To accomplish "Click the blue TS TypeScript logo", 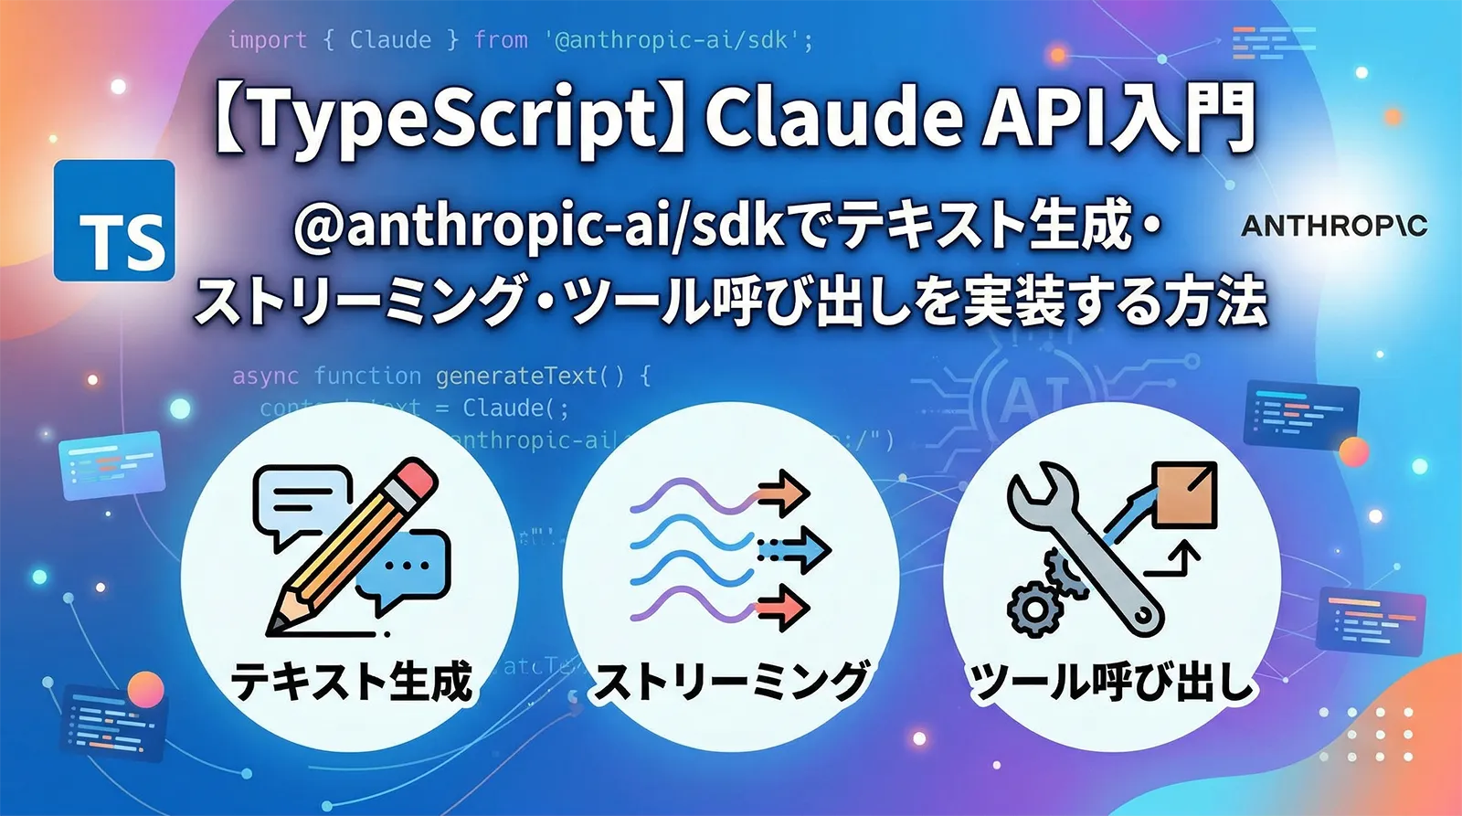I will coord(114,220).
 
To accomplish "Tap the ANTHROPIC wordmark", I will coord(1333,226).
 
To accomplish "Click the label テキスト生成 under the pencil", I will coord(352,682).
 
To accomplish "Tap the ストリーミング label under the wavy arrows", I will coord(731,682).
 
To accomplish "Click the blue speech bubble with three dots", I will coord(406,567).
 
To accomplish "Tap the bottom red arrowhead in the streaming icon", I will coord(786,608).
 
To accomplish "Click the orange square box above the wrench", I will coord(1184,494).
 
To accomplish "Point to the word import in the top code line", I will coord(267,40).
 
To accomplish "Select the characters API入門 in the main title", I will coord(1119,119).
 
